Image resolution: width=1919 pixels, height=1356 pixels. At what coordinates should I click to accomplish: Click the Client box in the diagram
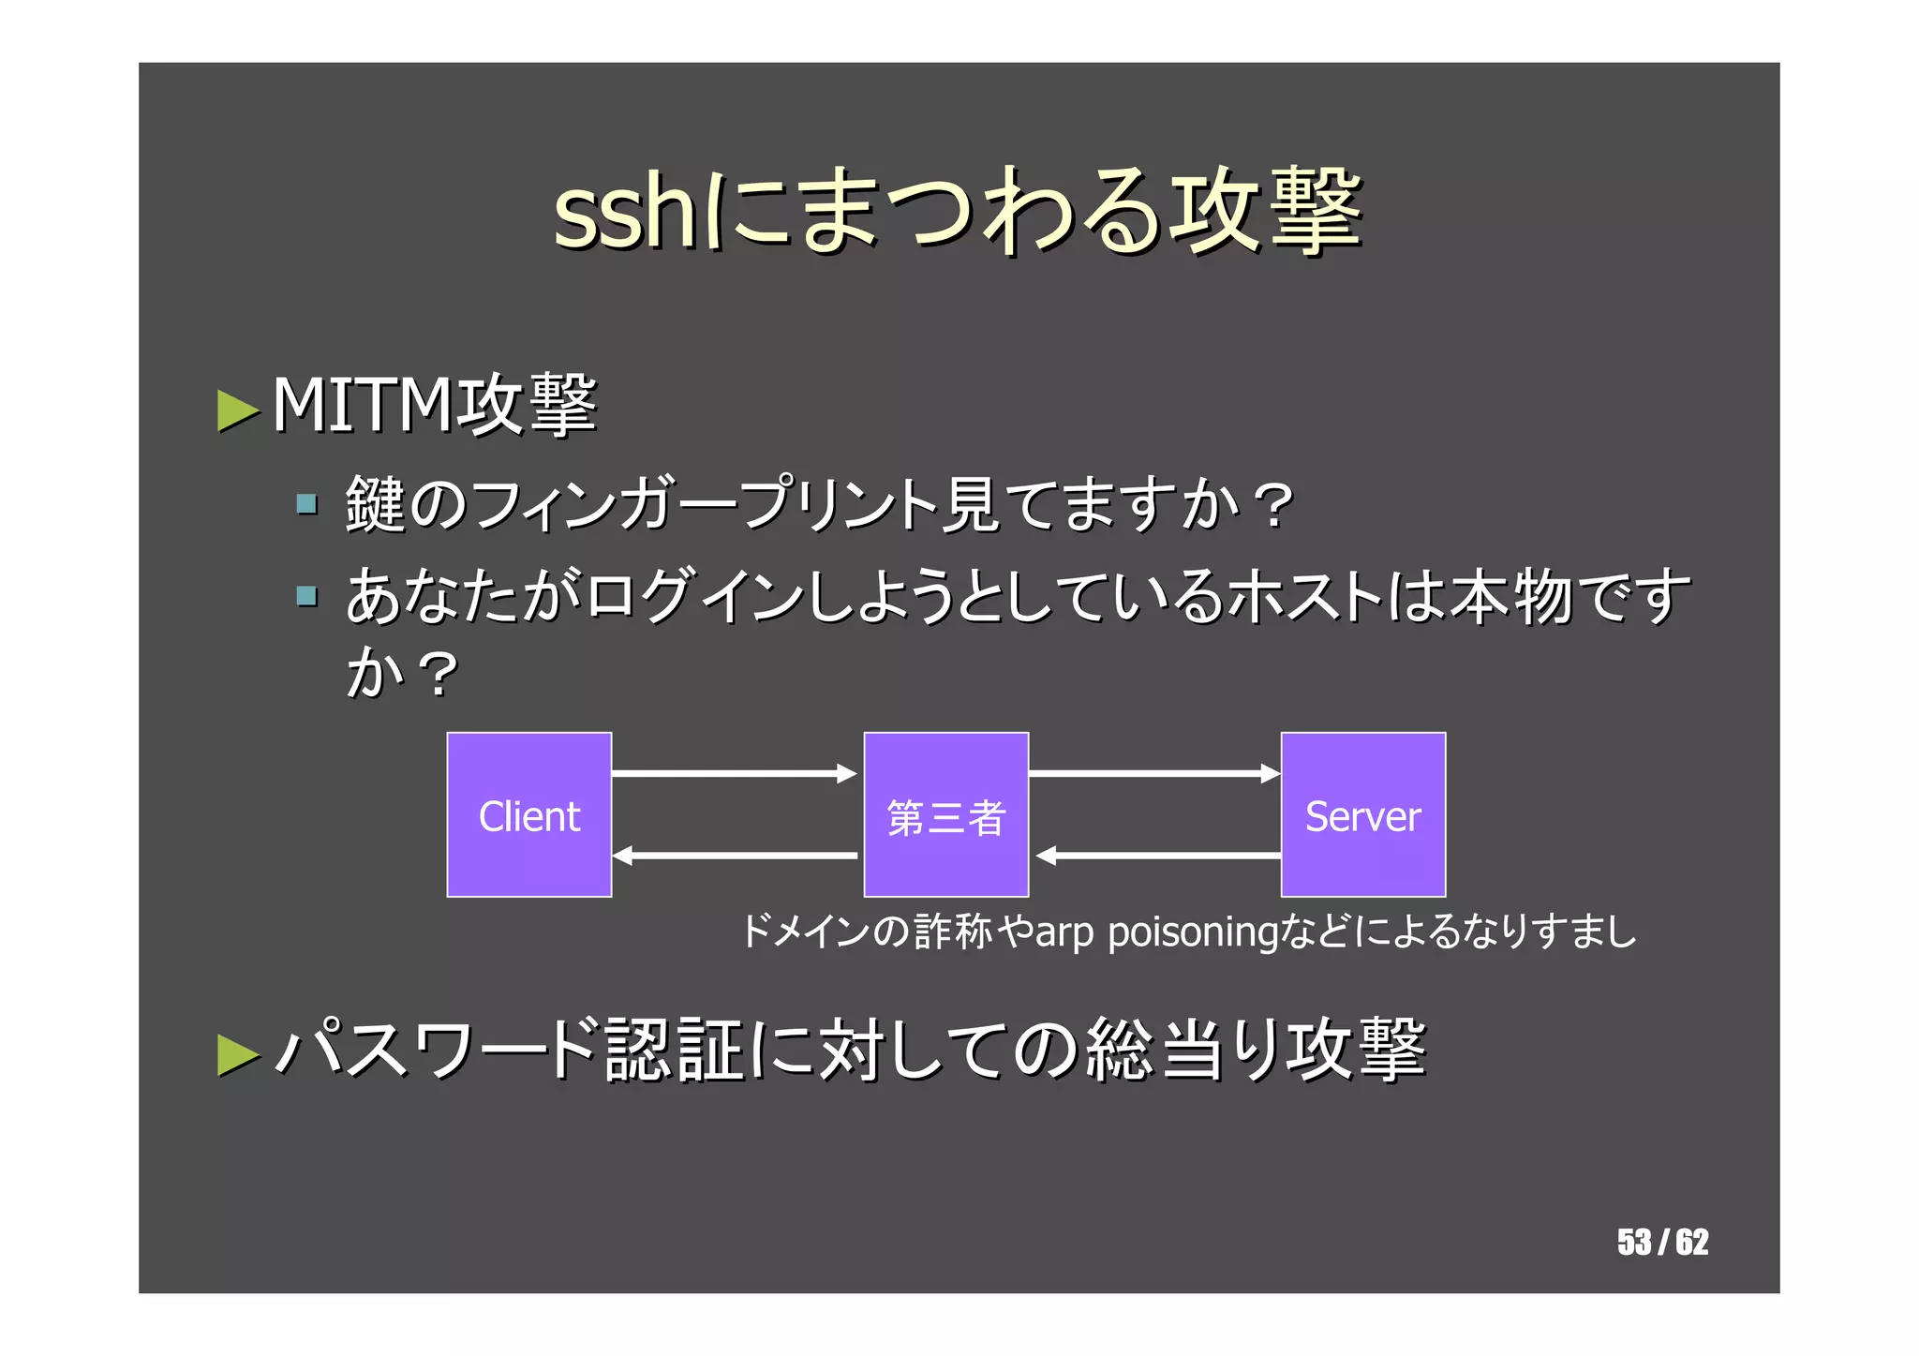point(528,814)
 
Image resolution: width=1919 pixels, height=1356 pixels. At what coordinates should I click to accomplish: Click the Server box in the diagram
point(1362,814)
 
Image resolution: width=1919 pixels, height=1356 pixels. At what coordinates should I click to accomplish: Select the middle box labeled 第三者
point(945,814)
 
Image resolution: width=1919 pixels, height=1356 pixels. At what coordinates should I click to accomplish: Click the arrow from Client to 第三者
point(734,773)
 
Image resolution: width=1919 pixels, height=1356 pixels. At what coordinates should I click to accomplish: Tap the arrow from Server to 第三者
point(1158,856)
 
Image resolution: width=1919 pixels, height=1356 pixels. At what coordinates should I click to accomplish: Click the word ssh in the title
point(623,212)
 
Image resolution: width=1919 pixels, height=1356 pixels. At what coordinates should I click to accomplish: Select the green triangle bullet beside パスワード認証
point(237,1054)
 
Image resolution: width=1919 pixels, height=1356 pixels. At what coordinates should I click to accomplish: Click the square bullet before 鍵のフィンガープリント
point(306,505)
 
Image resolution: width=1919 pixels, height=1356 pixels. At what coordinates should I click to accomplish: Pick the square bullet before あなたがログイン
point(306,596)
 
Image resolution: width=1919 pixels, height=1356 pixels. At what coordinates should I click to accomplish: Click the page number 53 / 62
point(1662,1242)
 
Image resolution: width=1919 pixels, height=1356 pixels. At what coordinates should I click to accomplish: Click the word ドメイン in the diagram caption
point(806,932)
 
